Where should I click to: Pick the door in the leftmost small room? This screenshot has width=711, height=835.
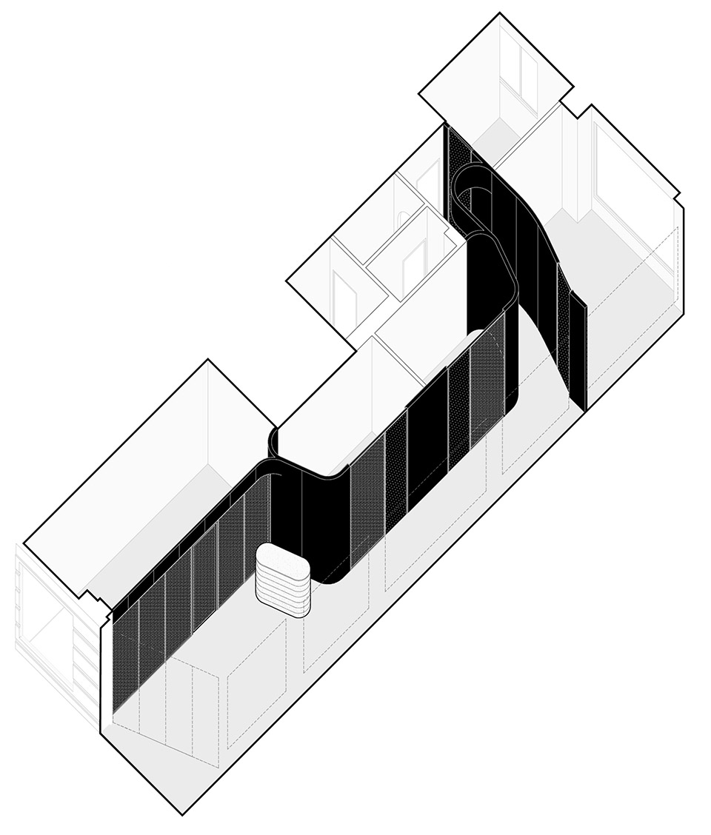point(344,296)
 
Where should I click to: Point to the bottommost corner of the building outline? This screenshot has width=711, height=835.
point(182,814)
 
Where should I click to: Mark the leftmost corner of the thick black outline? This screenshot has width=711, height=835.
point(24,545)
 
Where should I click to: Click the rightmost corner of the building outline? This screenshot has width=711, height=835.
point(682,207)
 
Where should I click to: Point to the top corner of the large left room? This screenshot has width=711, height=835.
point(208,361)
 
